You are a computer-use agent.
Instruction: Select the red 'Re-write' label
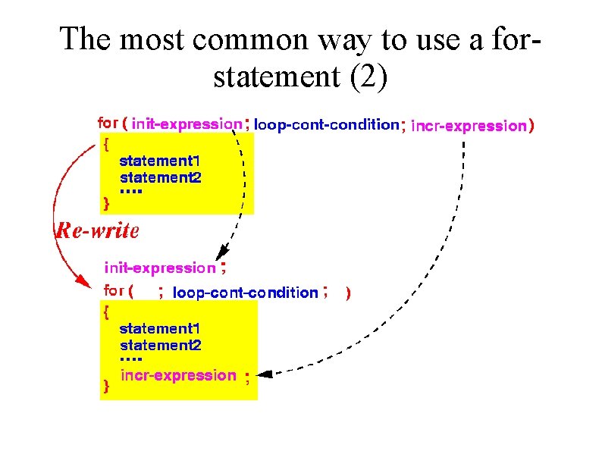click(98, 231)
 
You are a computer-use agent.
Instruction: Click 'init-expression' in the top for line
click(187, 124)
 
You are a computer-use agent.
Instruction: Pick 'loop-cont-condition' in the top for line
click(327, 124)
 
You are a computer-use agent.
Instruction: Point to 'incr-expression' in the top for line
click(468, 126)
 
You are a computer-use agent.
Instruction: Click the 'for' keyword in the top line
click(108, 122)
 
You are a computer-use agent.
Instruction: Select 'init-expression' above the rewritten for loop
click(159, 268)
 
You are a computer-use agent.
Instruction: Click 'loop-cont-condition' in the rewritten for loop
click(246, 293)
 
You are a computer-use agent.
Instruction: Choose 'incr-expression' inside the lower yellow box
click(179, 375)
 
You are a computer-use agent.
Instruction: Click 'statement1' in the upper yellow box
click(159, 161)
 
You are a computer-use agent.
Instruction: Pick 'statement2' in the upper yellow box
click(160, 177)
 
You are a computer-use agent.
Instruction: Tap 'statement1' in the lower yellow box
click(159, 329)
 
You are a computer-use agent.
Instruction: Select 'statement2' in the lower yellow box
click(160, 345)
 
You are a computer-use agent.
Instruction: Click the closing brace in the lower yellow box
click(106, 387)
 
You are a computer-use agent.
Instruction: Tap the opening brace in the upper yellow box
click(105, 143)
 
